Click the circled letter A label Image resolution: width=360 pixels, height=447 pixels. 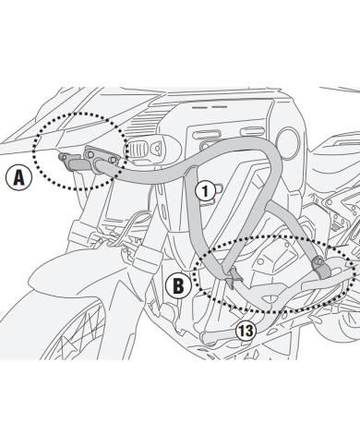(19, 177)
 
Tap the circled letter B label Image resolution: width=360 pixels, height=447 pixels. (178, 285)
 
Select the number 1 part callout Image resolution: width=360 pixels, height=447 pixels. (206, 191)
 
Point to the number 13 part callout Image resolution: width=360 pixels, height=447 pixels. (246, 331)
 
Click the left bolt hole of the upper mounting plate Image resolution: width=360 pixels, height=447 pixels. (90, 154)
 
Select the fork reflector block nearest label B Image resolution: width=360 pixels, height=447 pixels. (146, 257)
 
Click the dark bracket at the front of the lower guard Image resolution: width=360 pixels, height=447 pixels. (234, 276)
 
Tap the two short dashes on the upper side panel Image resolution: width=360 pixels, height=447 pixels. (210, 107)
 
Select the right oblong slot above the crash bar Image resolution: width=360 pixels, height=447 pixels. (252, 131)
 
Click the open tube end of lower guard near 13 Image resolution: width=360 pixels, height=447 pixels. (206, 338)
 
